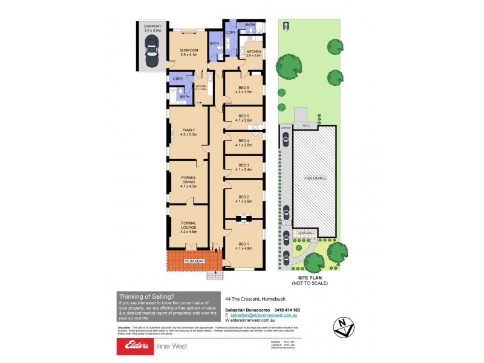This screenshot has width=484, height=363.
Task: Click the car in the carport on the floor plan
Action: pyautogui.click(x=151, y=51)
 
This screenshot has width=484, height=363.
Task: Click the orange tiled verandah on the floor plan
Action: pyautogui.click(x=189, y=261)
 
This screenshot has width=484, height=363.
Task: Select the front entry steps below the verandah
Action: pyautogui.click(x=215, y=275)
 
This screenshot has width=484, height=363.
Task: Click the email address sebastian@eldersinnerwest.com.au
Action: pyautogui.click(x=263, y=315)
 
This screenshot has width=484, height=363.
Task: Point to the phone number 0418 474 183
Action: pyautogui.click(x=287, y=310)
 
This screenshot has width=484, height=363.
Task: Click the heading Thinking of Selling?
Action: pyautogui.click(x=147, y=296)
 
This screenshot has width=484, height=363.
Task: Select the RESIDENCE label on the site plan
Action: pyautogui.click(x=315, y=178)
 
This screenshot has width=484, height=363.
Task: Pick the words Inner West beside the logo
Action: pyautogui.click(x=171, y=346)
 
